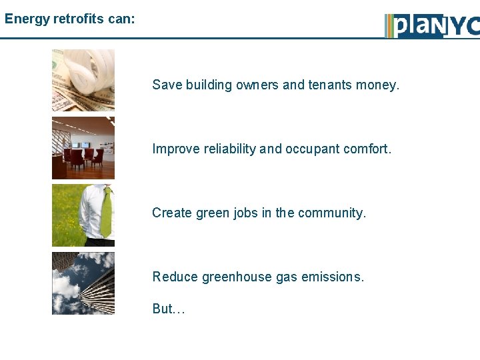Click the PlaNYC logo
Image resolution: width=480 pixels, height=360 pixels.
coord(432,25)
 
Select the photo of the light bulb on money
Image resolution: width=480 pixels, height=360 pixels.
coord(83,80)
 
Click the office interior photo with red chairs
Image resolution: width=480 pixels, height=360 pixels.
coord(83,148)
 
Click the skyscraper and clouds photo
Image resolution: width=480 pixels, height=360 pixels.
coord(83,283)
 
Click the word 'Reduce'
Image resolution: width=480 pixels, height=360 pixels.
coord(175,277)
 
